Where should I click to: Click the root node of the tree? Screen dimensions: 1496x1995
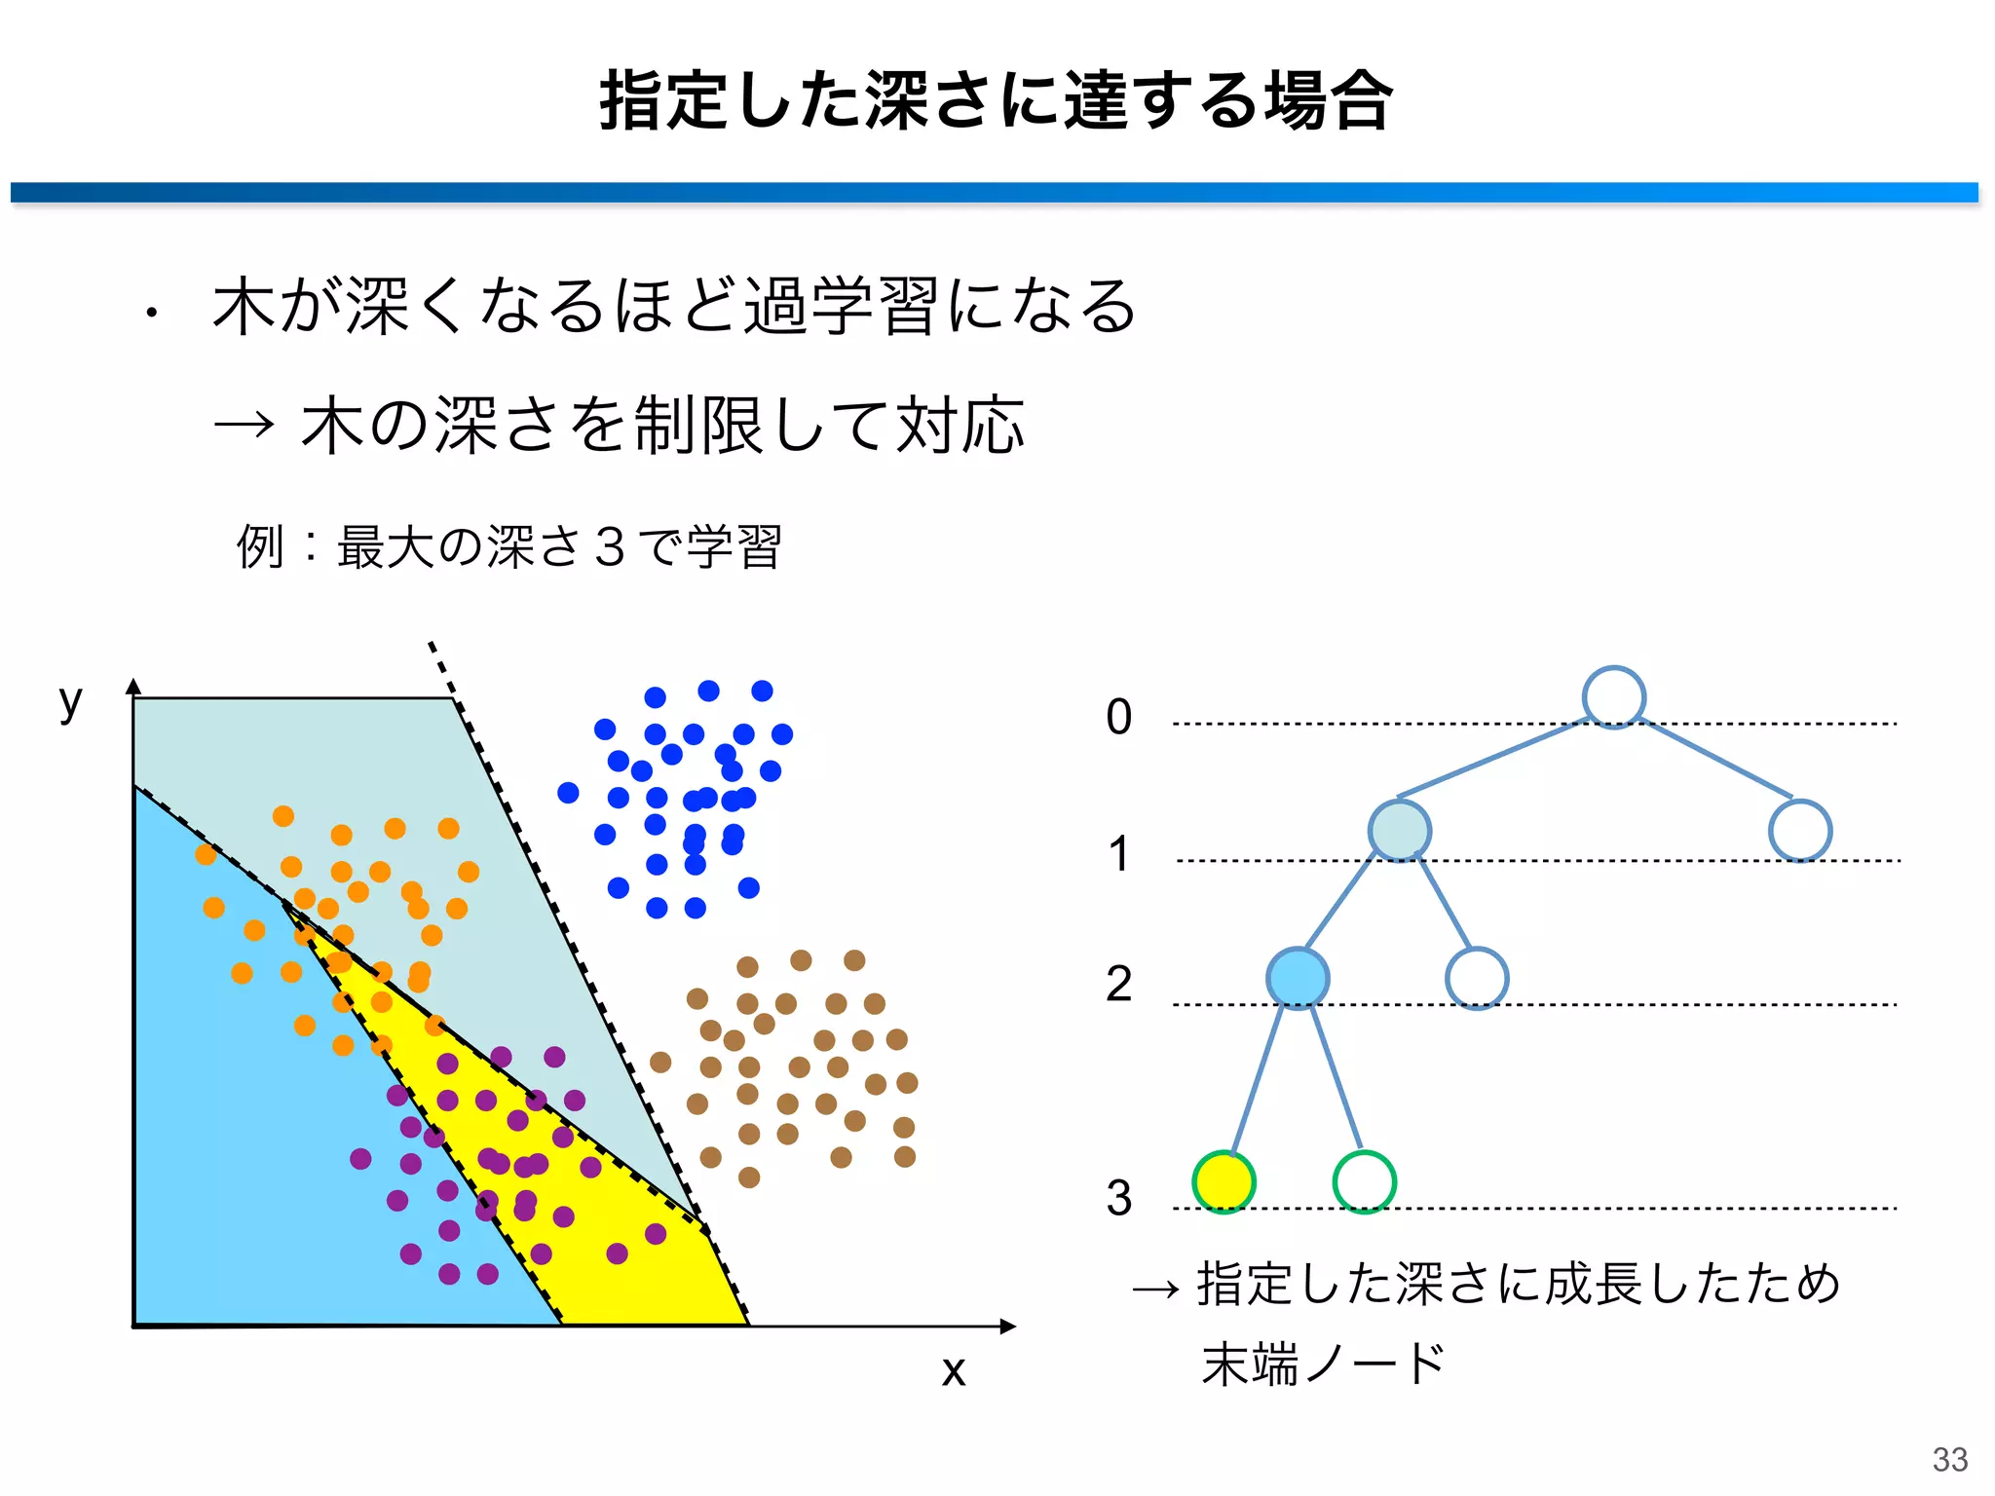tap(1613, 697)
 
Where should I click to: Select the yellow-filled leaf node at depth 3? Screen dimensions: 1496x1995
tap(1223, 1181)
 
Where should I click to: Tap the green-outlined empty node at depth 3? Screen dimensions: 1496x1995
tap(1364, 1181)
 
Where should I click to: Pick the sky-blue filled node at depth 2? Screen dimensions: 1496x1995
tap(1298, 978)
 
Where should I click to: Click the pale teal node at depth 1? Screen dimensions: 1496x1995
tap(1399, 831)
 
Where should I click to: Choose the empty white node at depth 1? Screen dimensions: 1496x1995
tap(1799, 831)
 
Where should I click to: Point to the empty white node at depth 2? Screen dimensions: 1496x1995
tap(1477, 978)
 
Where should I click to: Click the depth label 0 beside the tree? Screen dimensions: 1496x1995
tap(1119, 718)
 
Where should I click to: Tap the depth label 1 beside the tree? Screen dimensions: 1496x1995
tap(1119, 854)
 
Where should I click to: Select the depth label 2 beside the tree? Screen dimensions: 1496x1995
tap(1119, 984)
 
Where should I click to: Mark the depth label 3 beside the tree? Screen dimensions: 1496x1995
tap(1119, 1198)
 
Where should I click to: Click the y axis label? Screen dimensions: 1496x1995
tap(70, 701)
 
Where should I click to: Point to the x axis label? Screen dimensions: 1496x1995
tap(954, 1371)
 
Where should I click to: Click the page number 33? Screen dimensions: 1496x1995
tap(1950, 1459)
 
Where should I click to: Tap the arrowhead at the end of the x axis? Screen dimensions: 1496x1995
tap(1008, 1326)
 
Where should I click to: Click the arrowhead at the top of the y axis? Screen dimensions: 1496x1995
tap(134, 686)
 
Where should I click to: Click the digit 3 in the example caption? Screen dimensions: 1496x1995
tap(609, 546)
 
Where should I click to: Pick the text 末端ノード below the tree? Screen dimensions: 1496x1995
tap(1323, 1364)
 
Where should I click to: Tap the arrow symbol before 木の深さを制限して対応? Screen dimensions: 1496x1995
tap(244, 424)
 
